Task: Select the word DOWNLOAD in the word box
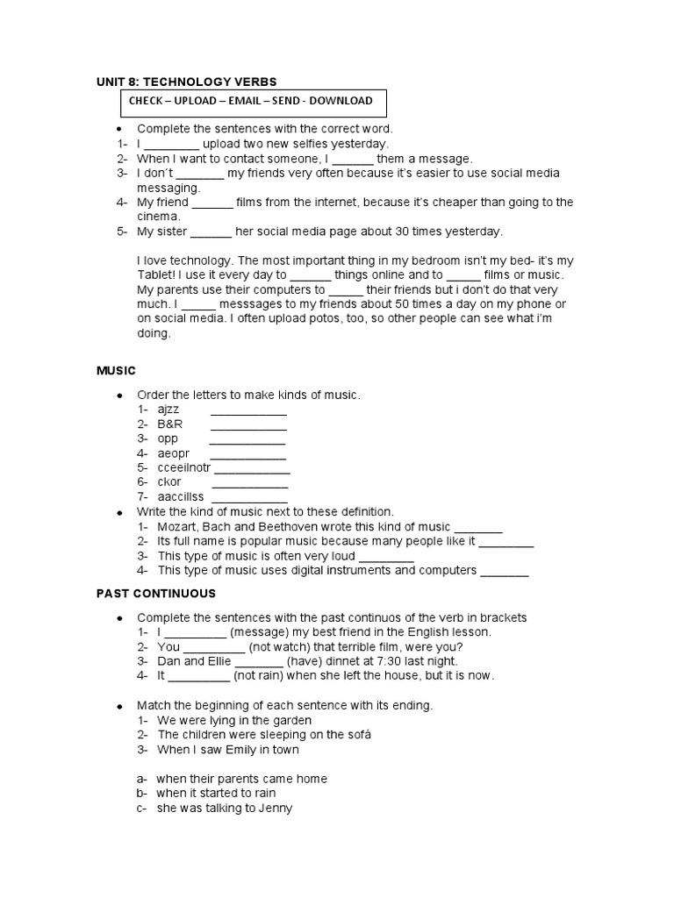coord(337,101)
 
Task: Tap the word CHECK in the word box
coord(148,101)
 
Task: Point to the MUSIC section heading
coord(116,371)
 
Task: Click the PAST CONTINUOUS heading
coord(155,594)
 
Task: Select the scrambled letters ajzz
coord(168,410)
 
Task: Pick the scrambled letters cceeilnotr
coord(184,467)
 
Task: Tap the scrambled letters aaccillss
coord(181,497)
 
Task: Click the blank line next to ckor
coord(250,482)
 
